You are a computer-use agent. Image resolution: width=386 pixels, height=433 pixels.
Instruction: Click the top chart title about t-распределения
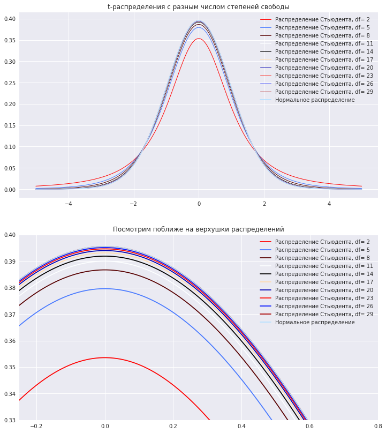click(198, 7)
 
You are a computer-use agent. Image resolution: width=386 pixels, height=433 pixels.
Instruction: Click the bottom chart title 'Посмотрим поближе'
click(198, 229)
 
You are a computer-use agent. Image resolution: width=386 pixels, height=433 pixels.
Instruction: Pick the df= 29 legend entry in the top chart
click(324, 92)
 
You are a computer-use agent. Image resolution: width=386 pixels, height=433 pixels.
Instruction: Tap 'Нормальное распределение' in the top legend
click(315, 100)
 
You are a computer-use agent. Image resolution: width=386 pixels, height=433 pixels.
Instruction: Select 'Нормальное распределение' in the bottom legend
click(315, 323)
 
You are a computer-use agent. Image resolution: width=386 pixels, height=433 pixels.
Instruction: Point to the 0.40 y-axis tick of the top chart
click(9, 19)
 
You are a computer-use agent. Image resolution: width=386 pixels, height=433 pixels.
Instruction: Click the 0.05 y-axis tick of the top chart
click(9, 168)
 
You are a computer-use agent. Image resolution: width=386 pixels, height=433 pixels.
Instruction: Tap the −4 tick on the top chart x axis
click(69, 204)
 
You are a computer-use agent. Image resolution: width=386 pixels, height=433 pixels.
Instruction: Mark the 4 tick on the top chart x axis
click(329, 204)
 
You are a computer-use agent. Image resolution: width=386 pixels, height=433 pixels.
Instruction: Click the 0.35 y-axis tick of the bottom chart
click(9, 368)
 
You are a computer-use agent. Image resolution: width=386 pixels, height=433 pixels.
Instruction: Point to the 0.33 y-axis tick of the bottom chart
click(9, 420)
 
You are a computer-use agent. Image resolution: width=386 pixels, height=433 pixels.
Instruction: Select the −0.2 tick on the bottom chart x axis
click(36, 427)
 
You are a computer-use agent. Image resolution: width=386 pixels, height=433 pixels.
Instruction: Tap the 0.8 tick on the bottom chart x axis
click(378, 427)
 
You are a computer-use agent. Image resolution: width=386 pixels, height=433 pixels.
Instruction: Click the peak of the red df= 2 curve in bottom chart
click(105, 357)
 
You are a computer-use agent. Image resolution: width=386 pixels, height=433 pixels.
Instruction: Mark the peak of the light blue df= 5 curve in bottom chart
click(105, 289)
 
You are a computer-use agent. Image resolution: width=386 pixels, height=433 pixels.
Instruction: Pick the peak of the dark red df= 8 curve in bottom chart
click(105, 270)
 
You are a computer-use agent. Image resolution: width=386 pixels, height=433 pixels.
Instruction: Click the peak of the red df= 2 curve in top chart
click(199, 39)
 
